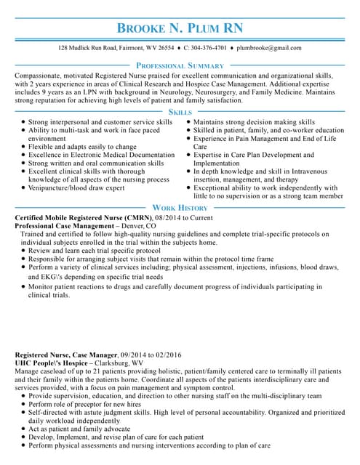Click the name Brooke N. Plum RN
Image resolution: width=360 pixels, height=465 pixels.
pyautogui.click(x=180, y=28)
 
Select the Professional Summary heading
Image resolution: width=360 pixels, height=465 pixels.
pyautogui.click(x=180, y=65)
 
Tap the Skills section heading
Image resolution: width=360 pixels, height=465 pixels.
pyautogui.click(x=180, y=112)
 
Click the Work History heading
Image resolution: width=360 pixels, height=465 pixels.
pyautogui.click(x=180, y=208)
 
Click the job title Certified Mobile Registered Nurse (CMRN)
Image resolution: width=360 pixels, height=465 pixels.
pyautogui.click(x=83, y=218)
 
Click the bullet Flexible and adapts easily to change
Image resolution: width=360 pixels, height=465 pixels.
pyautogui.click(x=82, y=146)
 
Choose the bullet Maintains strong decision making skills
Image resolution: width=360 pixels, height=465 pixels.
pyautogui.click(x=255, y=122)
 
